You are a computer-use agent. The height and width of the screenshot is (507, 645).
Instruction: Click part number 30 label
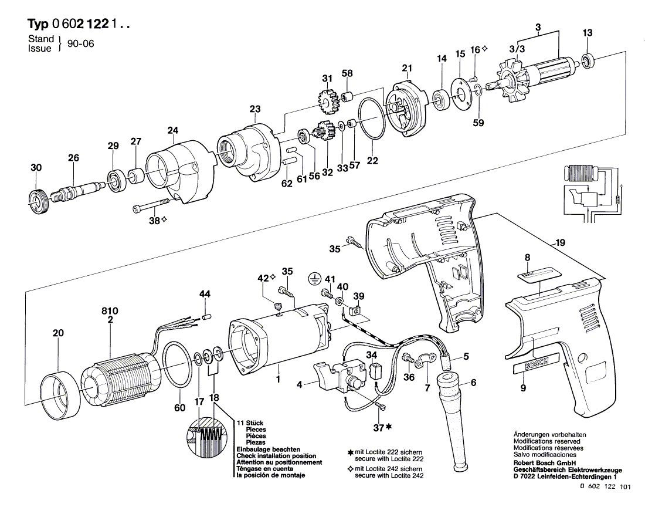point(36,168)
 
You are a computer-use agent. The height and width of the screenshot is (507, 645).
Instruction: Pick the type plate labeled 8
point(535,273)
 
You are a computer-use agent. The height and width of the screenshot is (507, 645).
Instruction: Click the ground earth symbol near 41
point(315,279)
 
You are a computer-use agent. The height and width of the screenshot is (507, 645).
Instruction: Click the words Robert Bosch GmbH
point(542,464)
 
